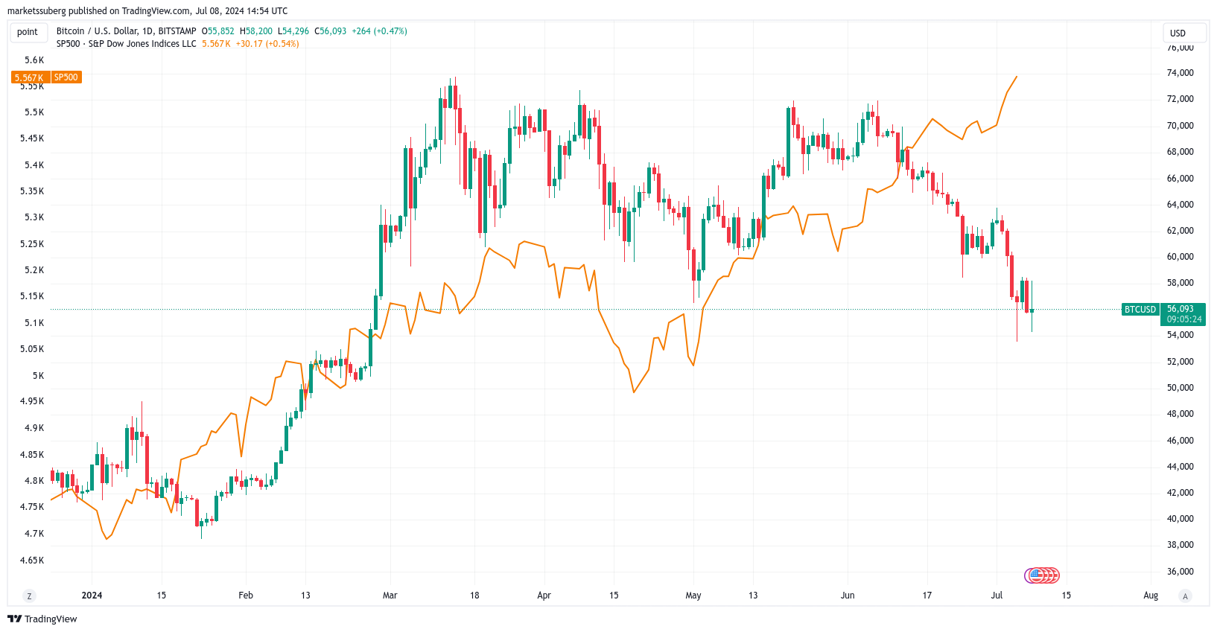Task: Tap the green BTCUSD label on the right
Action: point(1140,310)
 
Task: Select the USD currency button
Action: point(1178,33)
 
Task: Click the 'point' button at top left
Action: point(28,32)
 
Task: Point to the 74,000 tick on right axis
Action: point(1180,73)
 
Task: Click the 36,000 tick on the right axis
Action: point(1180,572)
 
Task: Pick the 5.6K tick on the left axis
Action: point(34,60)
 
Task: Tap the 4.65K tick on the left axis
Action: point(31,561)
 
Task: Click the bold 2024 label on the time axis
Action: point(92,596)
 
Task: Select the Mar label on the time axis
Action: point(390,596)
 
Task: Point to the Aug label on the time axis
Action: point(1151,596)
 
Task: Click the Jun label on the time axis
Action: point(848,596)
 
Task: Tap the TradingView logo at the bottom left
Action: point(42,619)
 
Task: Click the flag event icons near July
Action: point(1042,575)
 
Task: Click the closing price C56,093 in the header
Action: point(331,31)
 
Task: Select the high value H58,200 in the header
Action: point(256,31)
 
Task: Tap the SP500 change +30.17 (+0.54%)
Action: point(267,44)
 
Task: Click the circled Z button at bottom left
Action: point(29,596)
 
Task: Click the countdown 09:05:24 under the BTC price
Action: point(1184,319)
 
